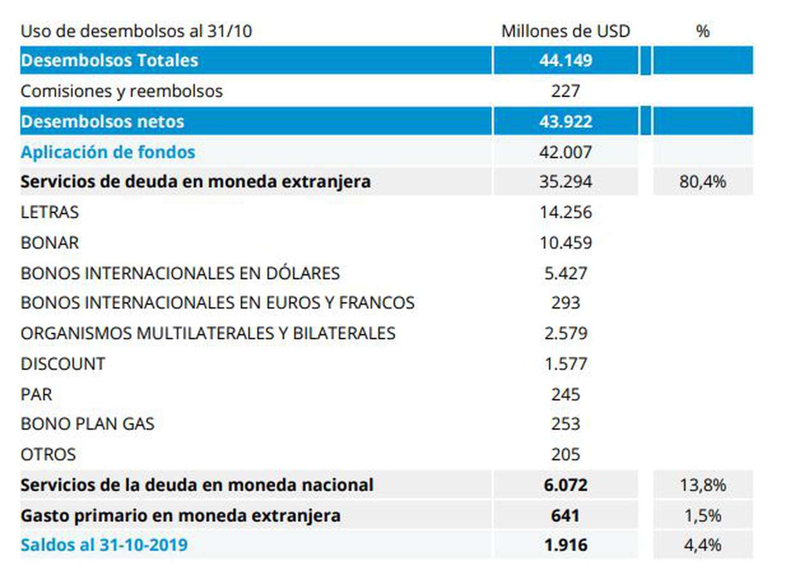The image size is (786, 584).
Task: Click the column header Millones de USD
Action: click(565, 31)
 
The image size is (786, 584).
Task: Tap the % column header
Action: click(702, 31)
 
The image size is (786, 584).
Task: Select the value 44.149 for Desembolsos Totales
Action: click(565, 60)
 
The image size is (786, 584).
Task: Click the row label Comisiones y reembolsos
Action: click(122, 91)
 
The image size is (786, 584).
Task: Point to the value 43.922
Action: click(565, 121)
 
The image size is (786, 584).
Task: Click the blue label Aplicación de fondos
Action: click(108, 152)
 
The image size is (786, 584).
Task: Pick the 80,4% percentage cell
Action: click(702, 181)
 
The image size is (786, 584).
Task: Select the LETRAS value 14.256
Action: click(565, 212)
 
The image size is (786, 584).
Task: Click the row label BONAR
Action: click(50, 243)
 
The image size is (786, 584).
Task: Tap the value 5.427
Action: click(565, 273)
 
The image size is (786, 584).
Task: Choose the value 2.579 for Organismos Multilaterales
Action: click(565, 333)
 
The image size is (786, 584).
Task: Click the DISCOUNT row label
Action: click(63, 364)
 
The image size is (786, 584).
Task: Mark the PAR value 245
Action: click(565, 394)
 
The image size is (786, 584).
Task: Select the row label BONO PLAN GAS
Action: click(87, 424)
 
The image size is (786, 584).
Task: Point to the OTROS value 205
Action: click(565, 455)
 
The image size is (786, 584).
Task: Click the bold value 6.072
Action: click(565, 485)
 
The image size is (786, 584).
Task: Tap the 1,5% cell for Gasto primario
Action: click(702, 515)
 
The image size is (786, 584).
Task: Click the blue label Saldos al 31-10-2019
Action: click(104, 545)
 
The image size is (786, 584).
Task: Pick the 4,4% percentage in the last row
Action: click(702, 545)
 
